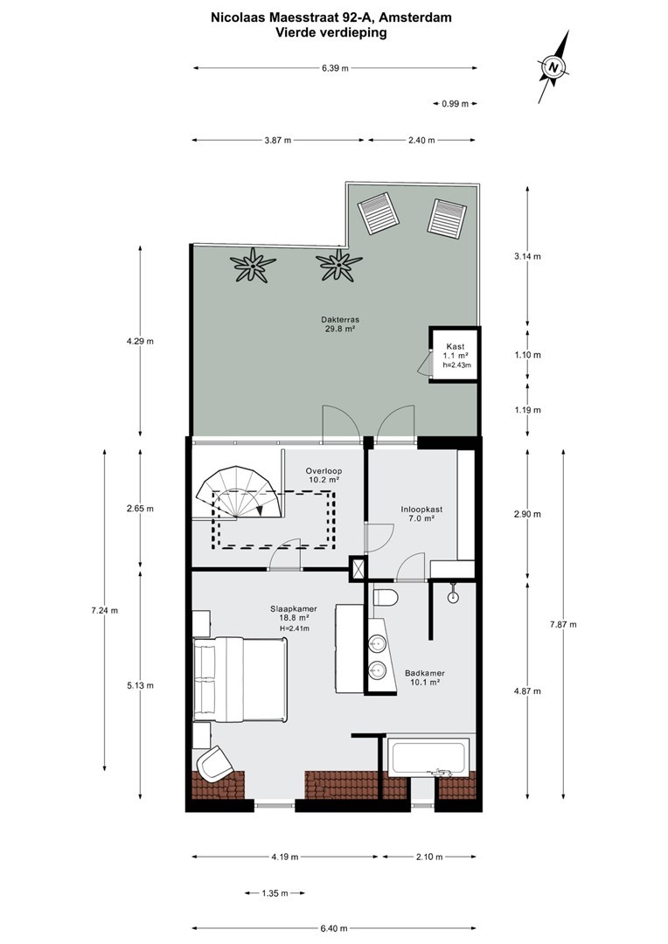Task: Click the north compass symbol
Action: pyautogui.click(x=553, y=66)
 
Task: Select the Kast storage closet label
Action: pyautogui.click(x=456, y=346)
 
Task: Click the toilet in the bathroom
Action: pyautogui.click(x=386, y=598)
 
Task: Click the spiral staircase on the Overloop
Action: pyautogui.click(x=240, y=492)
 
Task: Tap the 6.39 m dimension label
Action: pyautogui.click(x=335, y=68)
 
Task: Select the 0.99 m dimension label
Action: pyautogui.click(x=455, y=103)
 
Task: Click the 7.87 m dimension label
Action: pyautogui.click(x=562, y=624)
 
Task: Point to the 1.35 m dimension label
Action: pyautogui.click(x=275, y=893)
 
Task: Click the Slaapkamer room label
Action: pyautogui.click(x=293, y=608)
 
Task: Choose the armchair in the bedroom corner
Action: pyautogui.click(x=214, y=763)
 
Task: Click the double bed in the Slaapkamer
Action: pyautogui.click(x=240, y=680)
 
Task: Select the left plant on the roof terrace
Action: pyautogui.click(x=253, y=265)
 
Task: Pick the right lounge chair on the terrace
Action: pyautogui.click(x=446, y=218)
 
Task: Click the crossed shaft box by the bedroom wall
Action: pyautogui.click(x=358, y=568)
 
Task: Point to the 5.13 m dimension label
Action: pyautogui.click(x=140, y=685)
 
